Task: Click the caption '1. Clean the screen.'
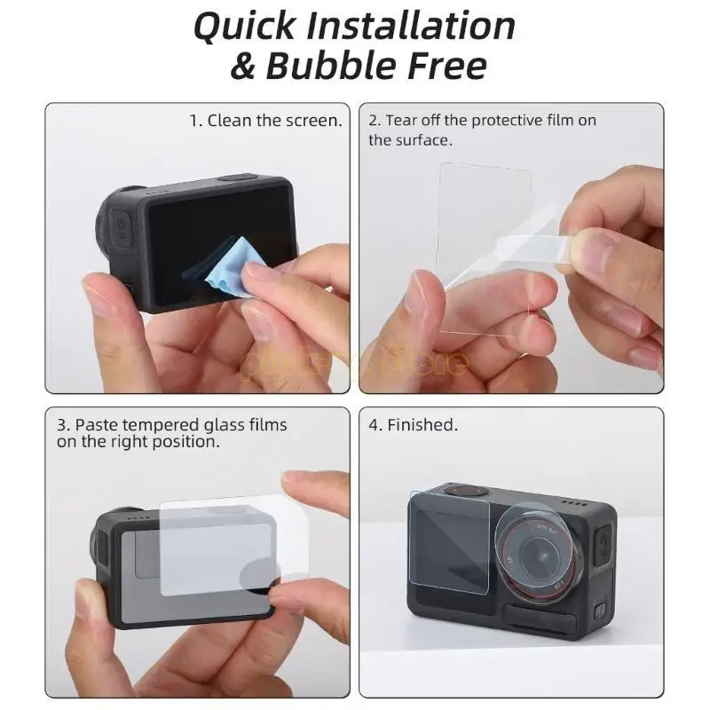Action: [x=265, y=121]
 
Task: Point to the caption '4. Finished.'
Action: [x=413, y=425]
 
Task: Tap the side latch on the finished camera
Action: [x=602, y=542]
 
